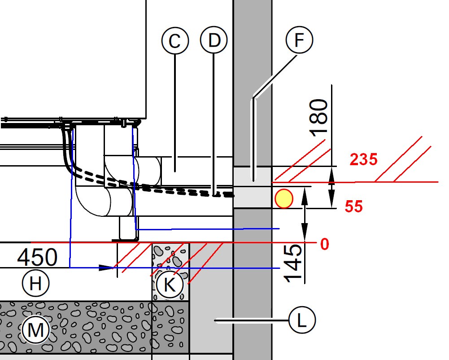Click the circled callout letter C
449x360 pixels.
pyautogui.click(x=175, y=40)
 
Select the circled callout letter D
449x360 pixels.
pyautogui.click(x=214, y=40)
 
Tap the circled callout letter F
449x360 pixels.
pyautogui.click(x=299, y=40)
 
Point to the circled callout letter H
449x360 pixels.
pyautogui.click(x=35, y=283)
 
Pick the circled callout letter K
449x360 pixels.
pyautogui.click(x=170, y=285)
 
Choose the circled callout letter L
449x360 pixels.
pyautogui.click(x=302, y=320)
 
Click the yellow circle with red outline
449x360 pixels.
pyautogui.click(x=284, y=199)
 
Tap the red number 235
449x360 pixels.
pyautogui.click(x=364, y=159)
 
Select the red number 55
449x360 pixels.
pyautogui.click(x=353, y=206)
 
